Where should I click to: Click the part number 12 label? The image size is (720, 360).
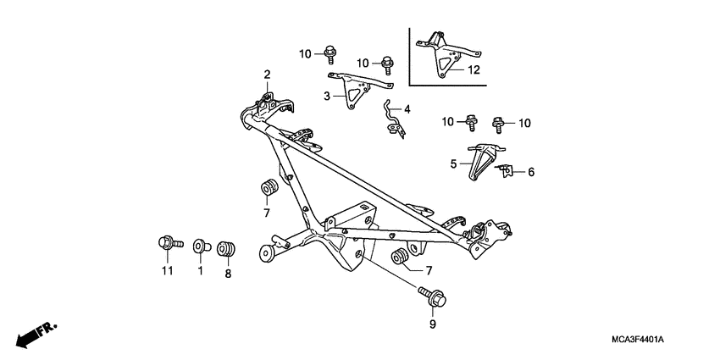click(x=474, y=69)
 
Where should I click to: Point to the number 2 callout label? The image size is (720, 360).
click(x=267, y=75)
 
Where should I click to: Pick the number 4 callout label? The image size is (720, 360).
click(x=407, y=109)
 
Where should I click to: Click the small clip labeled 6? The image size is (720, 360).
click(x=506, y=171)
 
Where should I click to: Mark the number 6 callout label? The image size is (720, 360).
click(x=531, y=172)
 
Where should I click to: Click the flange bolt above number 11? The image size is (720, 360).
click(x=170, y=242)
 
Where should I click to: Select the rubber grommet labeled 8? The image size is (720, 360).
click(x=226, y=248)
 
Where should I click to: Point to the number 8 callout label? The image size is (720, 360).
click(x=228, y=274)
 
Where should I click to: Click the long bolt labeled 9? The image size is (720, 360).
click(x=432, y=297)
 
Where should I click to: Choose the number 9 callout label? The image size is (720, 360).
click(x=433, y=324)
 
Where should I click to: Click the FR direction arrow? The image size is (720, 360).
click(x=36, y=335)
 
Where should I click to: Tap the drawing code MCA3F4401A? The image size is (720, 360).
click(x=638, y=340)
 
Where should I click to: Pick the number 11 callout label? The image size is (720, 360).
click(x=168, y=271)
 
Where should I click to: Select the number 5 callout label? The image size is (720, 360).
click(x=454, y=163)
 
